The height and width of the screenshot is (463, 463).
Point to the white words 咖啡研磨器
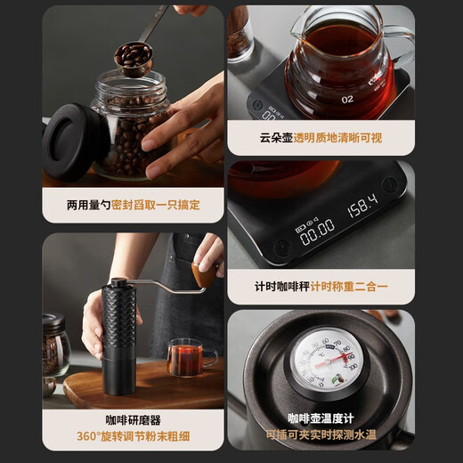click(133, 418)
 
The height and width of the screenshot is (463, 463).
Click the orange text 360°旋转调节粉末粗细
click(133, 437)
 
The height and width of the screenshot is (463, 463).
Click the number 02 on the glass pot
click(345, 100)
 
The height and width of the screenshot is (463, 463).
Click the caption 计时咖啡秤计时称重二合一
click(321, 287)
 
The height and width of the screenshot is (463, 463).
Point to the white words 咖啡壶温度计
click(321, 418)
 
